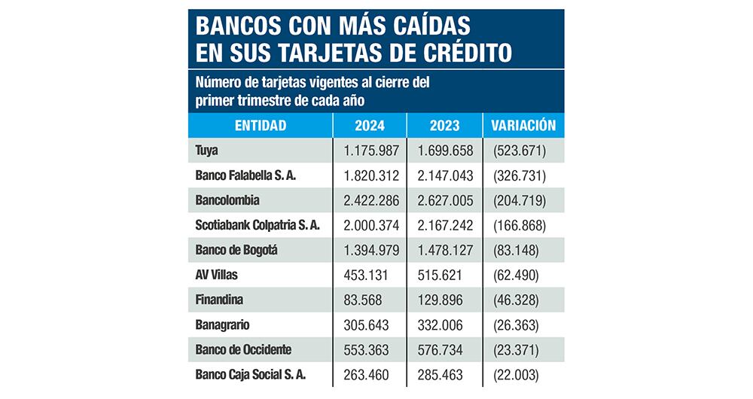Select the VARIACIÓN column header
[523, 126]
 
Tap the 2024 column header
[369, 126]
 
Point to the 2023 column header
[444, 126]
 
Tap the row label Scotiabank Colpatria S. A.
[258, 225]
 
